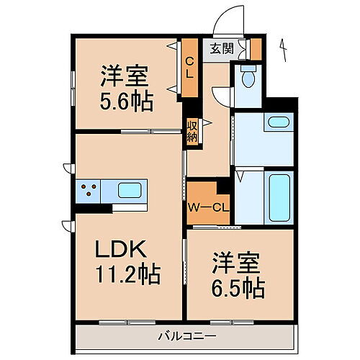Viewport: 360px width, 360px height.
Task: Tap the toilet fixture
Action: [248, 75]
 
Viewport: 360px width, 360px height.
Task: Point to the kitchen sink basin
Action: [130, 192]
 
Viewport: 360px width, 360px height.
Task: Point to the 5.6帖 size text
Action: [126, 101]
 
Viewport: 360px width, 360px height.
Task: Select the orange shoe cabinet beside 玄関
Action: [255, 49]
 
